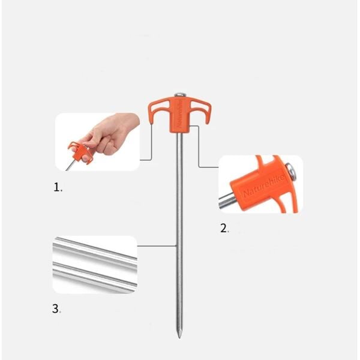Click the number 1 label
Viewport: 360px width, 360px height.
(x=57, y=187)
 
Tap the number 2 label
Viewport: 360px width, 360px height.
(x=223, y=228)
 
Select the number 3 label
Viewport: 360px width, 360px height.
(x=56, y=310)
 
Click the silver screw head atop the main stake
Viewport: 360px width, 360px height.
(x=180, y=95)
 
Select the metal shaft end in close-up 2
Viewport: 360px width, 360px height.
(x=228, y=201)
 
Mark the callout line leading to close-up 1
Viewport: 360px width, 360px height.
(x=151, y=144)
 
